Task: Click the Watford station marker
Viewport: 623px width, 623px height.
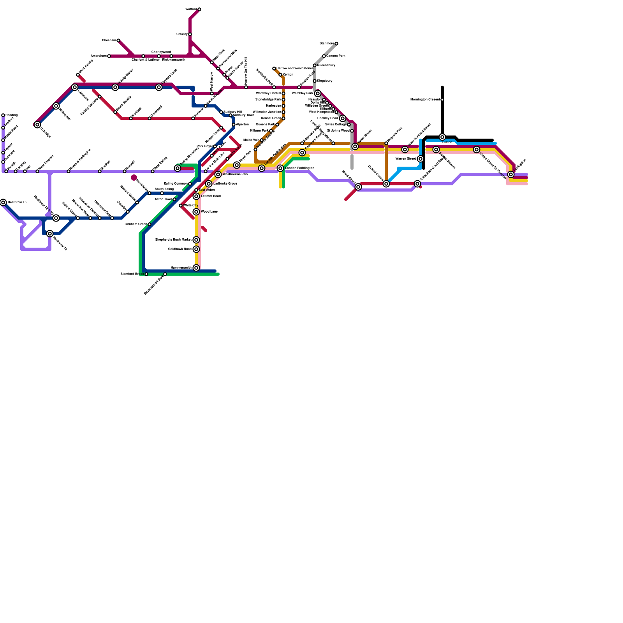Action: point(199,9)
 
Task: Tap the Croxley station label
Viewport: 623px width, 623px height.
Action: point(182,34)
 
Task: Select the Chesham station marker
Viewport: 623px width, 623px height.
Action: point(118,40)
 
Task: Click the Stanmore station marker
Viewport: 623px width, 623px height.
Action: point(336,44)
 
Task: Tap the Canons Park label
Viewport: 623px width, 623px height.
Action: point(336,56)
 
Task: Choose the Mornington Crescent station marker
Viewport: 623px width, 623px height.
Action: point(442,100)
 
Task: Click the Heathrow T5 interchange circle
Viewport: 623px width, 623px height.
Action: point(3,202)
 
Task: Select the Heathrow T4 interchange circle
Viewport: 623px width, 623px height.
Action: point(50,234)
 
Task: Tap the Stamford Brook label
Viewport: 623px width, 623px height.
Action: point(132,274)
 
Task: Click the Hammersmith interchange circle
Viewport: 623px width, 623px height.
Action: point(196,268)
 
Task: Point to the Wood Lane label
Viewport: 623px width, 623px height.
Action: point(209,212)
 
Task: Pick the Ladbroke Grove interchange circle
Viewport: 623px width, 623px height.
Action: point(209,184)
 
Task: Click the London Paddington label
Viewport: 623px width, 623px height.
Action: point(299,168)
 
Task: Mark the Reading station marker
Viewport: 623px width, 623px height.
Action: point(3,115)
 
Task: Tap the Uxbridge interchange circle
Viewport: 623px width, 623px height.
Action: point(37,125)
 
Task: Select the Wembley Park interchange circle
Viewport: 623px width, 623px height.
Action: point(318,93)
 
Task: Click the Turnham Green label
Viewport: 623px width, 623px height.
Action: point(136,224)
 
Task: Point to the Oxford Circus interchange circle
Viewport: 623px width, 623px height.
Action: point(386,184)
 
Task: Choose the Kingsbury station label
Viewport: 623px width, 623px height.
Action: point(324,81)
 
